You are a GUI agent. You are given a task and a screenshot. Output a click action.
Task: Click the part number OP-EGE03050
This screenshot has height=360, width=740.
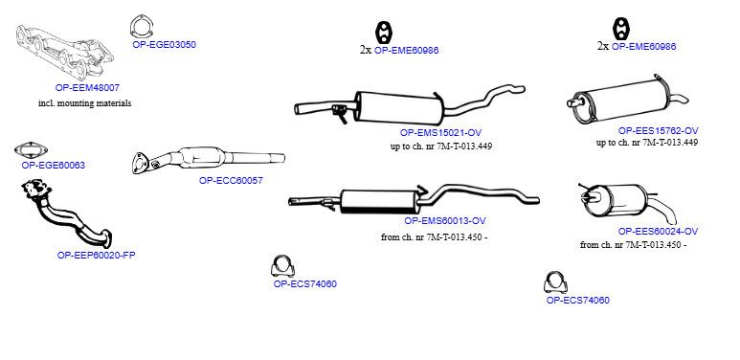pyautogui.click(x=164, y=45)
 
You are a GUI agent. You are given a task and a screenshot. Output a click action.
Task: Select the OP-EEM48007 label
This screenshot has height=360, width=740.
pyautogui.click(x=87, y=87)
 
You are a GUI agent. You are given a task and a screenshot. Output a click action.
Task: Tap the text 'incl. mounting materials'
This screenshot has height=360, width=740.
pyautogui.click(x=85, y=102)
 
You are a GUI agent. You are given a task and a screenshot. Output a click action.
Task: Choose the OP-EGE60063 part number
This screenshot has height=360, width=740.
pyautogui.click(x=54, y=165)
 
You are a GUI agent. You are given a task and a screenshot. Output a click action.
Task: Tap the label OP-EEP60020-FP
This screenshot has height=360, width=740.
pyautogui.click(x=97, y=256)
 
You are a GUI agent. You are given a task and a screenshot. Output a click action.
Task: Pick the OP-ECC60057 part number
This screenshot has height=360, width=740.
pyautogui.click(x=231, y=180)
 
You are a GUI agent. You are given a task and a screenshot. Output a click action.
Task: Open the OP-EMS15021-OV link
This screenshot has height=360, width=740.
pyautogui.click(x=440, y=133)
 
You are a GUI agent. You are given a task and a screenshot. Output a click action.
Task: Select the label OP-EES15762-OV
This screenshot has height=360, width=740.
pyautogui.click(x=658, y=131)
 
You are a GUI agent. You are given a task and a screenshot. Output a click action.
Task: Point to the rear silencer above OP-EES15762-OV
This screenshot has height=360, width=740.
pyautogui.click(x=625, y=100)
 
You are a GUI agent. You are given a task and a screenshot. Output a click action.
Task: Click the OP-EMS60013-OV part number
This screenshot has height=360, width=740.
pyautogui.click(x=445, y=221)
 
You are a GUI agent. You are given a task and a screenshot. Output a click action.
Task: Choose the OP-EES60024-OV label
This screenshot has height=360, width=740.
pyautogui.click(x=658, y=231)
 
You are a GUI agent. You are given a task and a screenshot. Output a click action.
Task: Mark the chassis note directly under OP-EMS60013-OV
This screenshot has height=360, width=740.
pyautogui.click(x=435, y=237)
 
